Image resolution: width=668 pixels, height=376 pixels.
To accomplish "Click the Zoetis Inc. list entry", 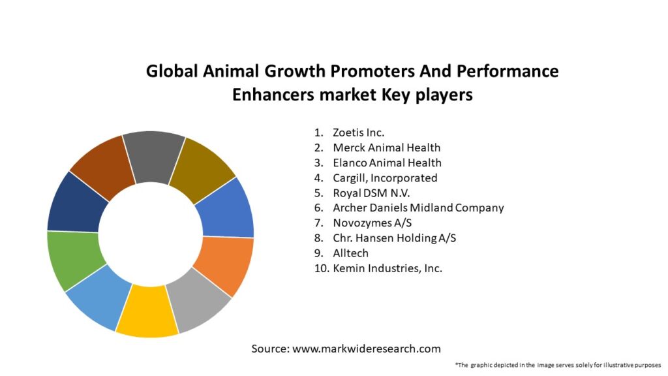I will click(358, 133).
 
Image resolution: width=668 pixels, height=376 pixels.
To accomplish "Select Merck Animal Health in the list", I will click(386, 148).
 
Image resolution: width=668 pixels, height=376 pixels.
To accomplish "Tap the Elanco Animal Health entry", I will click(387, 163).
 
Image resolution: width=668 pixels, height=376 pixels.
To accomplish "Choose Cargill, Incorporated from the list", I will click(385, 178).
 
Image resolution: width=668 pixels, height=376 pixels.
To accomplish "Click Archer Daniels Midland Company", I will click(418, 208).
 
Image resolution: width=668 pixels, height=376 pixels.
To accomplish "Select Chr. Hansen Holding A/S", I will click(394, 238).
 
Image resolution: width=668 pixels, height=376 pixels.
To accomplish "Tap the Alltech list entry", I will click(351, 253).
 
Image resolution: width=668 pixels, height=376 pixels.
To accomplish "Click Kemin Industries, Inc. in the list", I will click(387, 268).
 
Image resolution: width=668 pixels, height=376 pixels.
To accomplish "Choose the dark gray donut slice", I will click(153, 154).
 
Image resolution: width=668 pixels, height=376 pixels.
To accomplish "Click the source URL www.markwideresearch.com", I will click(366, 349).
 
